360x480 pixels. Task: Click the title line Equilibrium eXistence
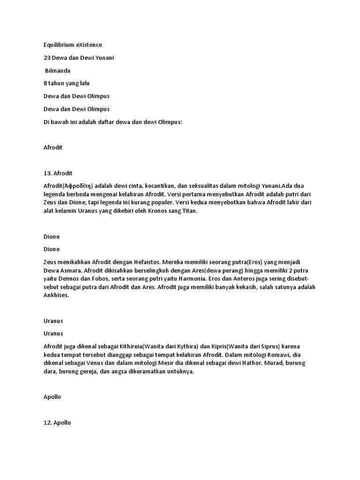(x=72, y=45)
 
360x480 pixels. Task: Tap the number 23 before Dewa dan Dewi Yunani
(x=46, y=58)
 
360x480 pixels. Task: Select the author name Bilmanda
(x=58, y=70)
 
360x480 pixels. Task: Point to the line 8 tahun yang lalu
(x=66, y=83)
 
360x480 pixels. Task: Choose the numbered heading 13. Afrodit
(x=58, y=173)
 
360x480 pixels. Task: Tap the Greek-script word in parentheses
(x=79, y=186)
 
